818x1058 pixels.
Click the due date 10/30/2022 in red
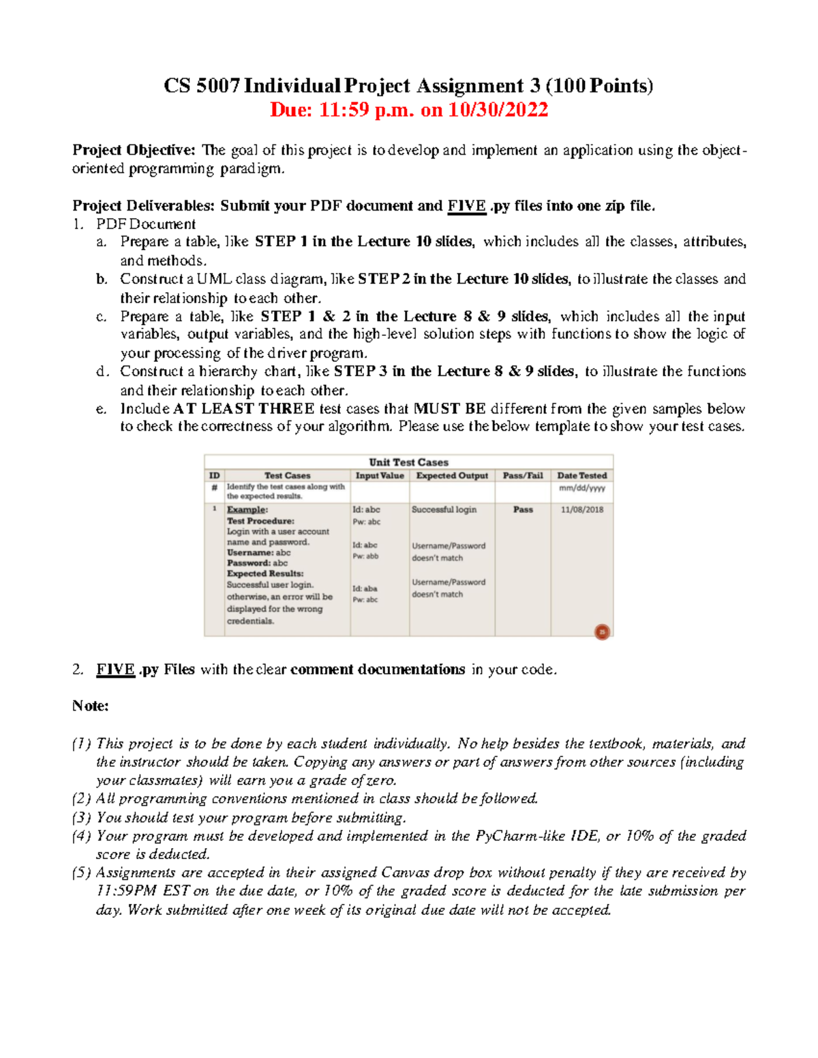tap(498, 110)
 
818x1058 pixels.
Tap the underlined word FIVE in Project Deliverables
tap(466, 206)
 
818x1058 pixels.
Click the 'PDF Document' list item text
tap(146, 224)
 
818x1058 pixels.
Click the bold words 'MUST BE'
tap(450, 409)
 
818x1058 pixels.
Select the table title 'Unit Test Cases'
tap(408, 462)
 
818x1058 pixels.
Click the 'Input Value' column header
tap(380, 476)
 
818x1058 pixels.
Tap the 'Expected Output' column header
tap(452, 476)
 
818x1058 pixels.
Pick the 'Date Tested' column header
tap(581, 476)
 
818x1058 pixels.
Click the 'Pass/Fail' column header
tap(523, 476)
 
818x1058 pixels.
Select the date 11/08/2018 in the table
tap(582, 510)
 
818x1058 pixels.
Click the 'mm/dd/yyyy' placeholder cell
tap(581, 488)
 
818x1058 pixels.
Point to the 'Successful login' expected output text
tap(444, 510)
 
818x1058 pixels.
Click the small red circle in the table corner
tap(602, 632)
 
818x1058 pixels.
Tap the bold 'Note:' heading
tap(91, 706)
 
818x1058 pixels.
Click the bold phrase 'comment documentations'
tap(378, 670)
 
